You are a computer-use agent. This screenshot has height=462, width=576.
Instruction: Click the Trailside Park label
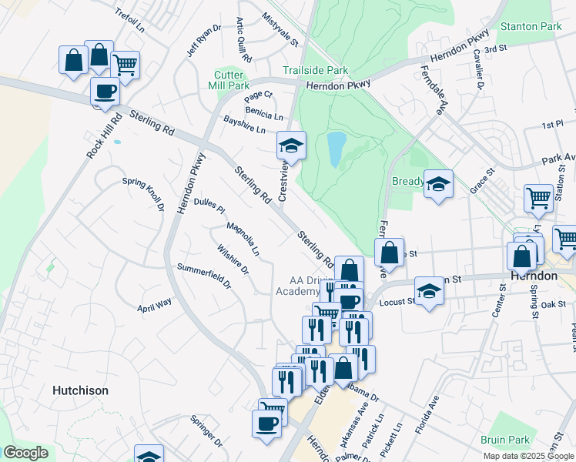(x=315, y=70)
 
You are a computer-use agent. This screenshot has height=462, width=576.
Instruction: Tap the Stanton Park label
(x=531, y=26)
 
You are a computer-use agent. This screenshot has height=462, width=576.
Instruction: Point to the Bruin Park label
(x=509, y=440)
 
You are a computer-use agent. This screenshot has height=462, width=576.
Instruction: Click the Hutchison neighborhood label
(x=80, y=390)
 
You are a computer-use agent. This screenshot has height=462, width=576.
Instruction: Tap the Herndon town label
(x=534, y=276)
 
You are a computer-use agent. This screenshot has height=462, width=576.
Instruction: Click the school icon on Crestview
(x=291, y=145)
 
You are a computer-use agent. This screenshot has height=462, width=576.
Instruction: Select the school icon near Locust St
(x=430, y=291)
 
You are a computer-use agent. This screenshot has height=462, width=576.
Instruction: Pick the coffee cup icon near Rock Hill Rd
(x=105, y=92)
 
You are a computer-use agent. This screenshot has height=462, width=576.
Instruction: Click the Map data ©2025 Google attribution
(x=529, y=456)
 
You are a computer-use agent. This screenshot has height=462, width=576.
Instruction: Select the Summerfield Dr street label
(x=204, y=275)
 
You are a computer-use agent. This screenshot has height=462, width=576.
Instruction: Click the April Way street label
(x=155, y=304)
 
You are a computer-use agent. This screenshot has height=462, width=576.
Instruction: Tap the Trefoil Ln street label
(x=129, y=22)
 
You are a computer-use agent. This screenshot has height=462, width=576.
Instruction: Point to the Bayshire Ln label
(x=244, y=124)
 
